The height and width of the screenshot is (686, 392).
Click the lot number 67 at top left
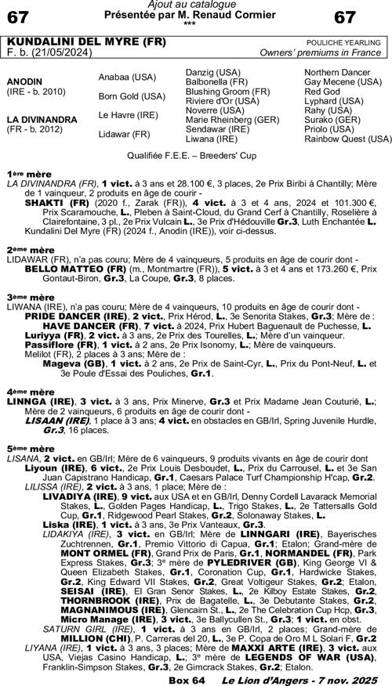pyautogui.click(x=20, y=16)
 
